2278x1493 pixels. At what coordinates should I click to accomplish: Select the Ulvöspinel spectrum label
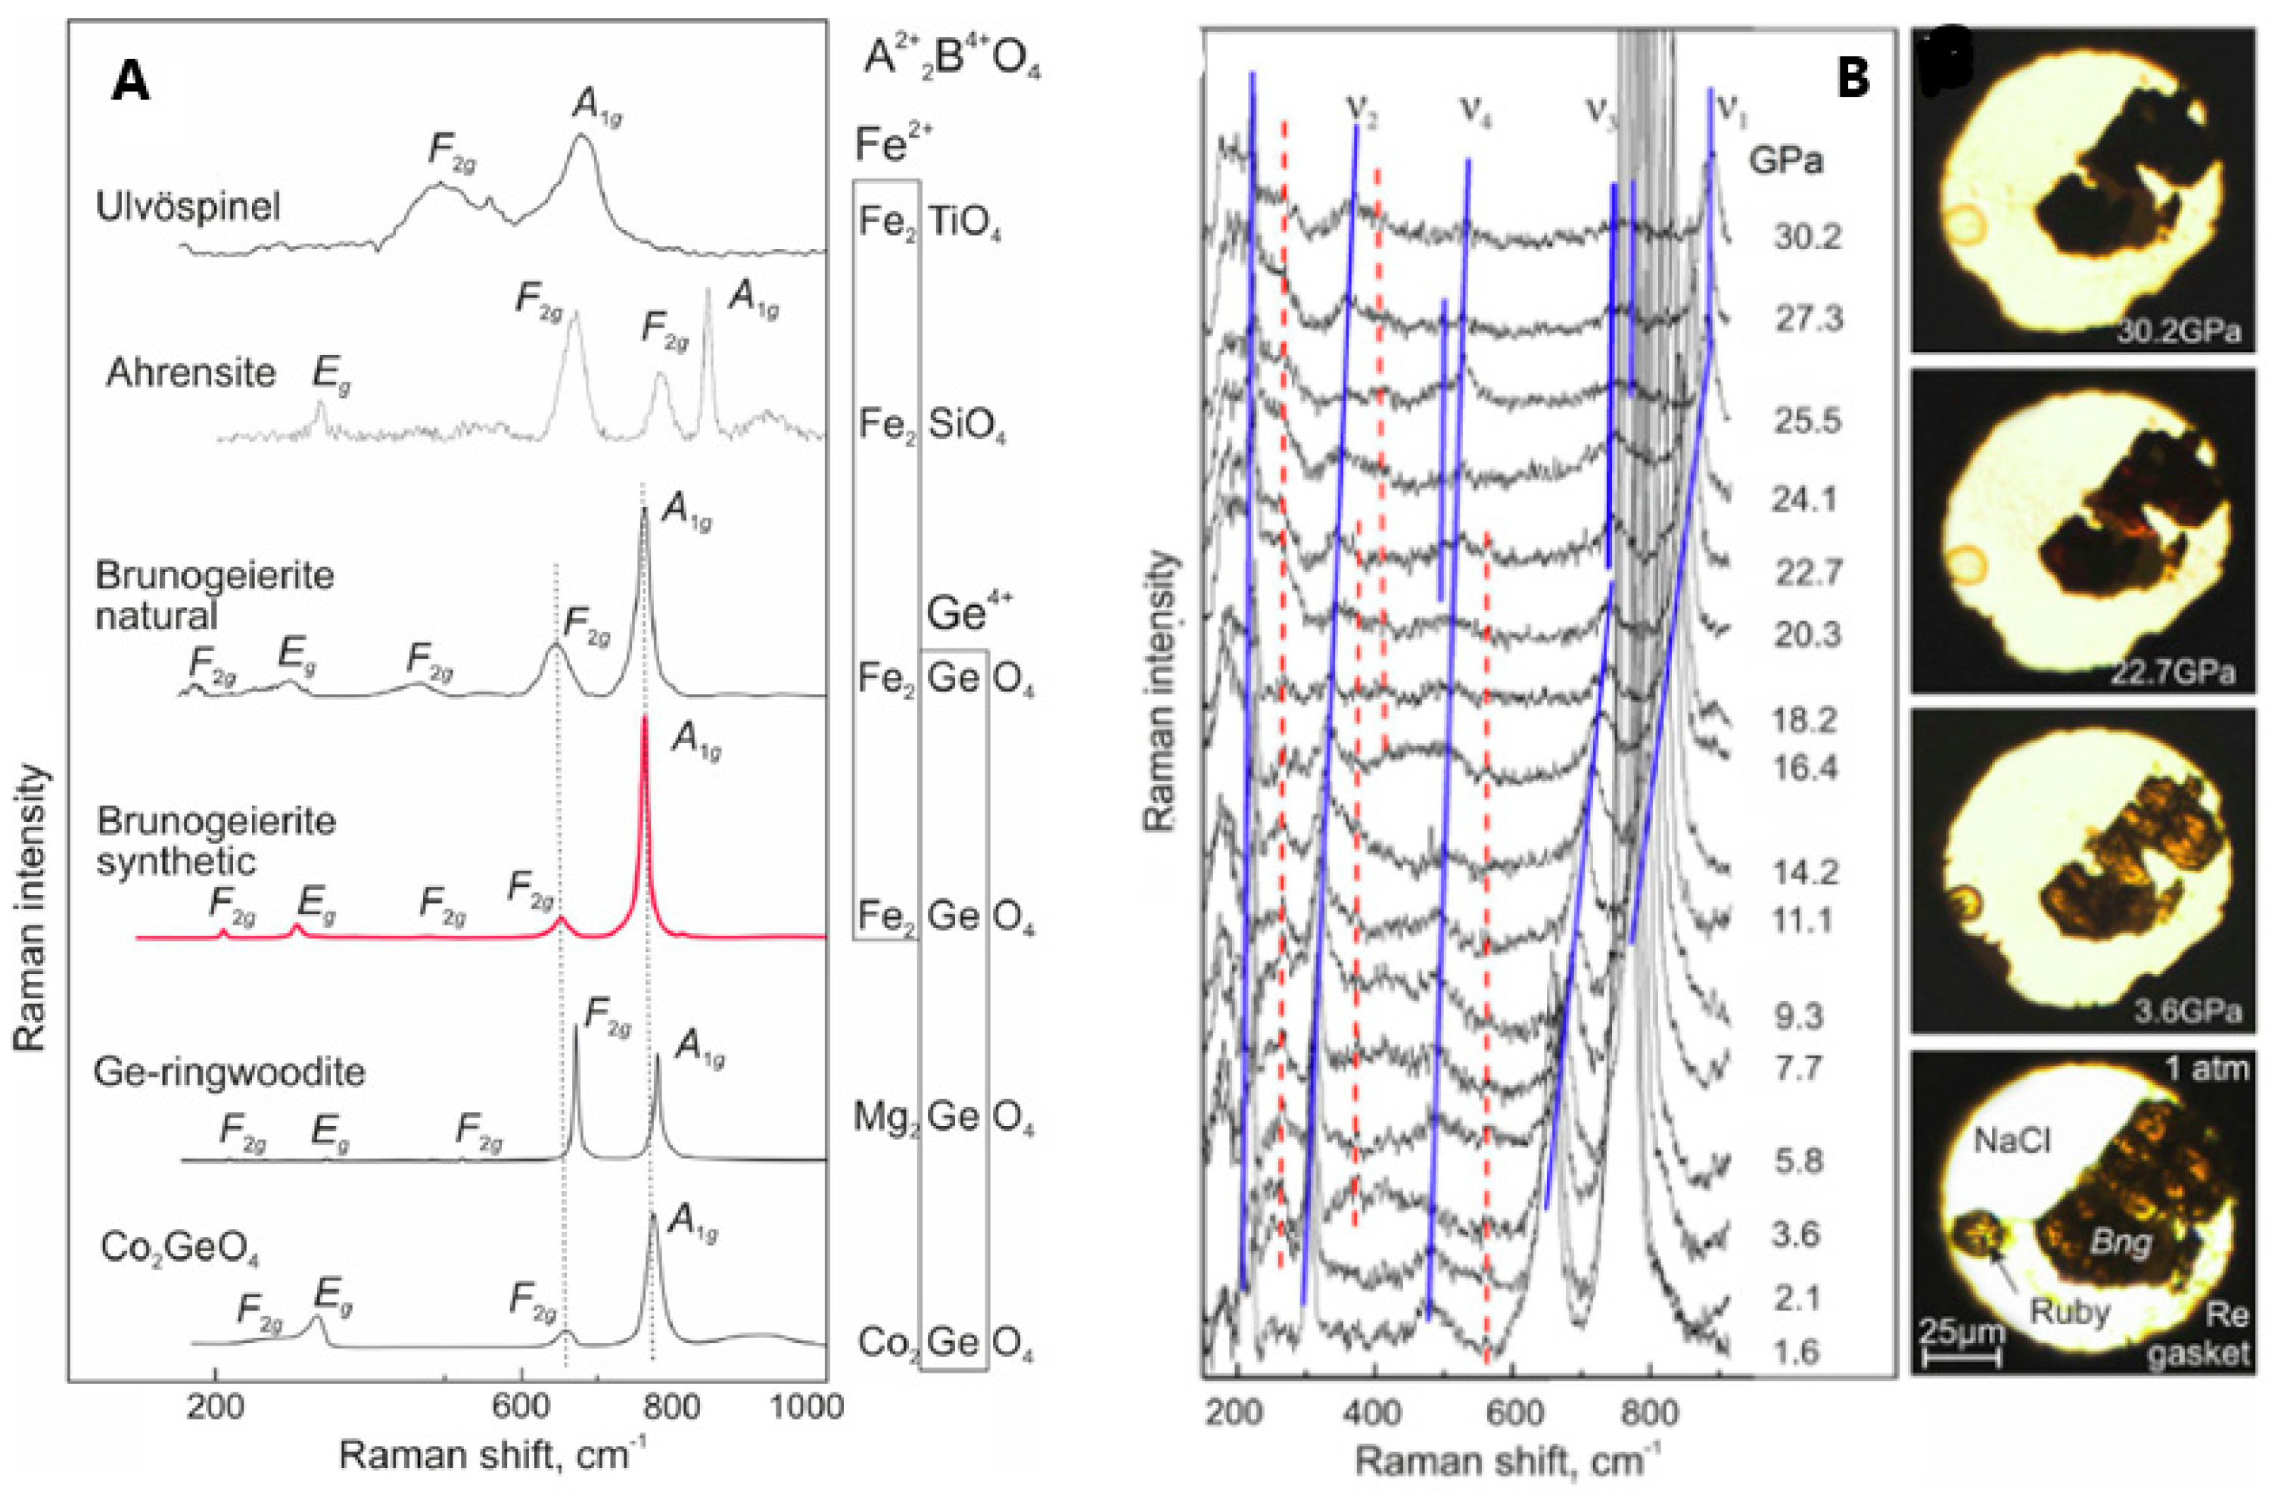coord(188,207)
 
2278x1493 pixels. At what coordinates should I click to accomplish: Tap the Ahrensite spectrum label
coord(191,372)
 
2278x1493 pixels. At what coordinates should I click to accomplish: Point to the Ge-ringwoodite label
coord(230,1072)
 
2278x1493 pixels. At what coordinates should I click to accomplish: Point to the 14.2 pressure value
coord(1805,872)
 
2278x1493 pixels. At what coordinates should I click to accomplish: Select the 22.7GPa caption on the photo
coord(2172,672)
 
